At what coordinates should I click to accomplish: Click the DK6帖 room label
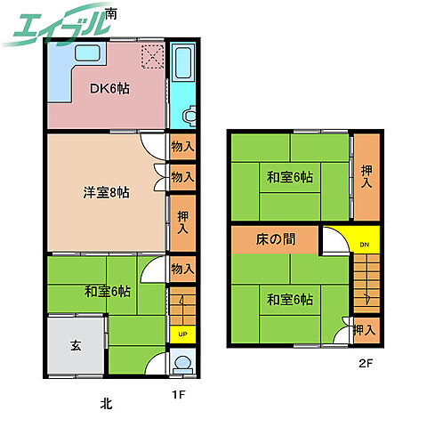point(109,88)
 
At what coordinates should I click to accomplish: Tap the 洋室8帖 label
point(106,192)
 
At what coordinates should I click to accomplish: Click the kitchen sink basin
point(87,53)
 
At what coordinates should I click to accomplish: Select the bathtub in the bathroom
point(183,62)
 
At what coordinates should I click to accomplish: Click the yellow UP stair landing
point(182,334)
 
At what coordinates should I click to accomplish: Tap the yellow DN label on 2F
point(365,245)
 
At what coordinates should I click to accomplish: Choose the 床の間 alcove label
point(276,239)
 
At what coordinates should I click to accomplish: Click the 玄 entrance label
point(76,345)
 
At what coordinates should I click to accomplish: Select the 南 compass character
point(111,13)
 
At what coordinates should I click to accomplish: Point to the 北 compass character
point(106,404)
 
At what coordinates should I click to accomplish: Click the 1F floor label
point(179,395)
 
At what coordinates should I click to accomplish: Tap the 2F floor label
point(366,363)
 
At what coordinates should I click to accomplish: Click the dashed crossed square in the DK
point(152,57)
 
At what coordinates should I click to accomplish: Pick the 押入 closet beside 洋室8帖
point(182,223)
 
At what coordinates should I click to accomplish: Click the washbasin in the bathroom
point(189,116)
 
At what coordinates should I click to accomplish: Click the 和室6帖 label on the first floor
point(108,292)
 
